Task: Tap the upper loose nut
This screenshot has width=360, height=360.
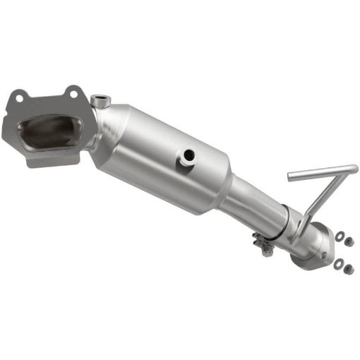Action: click(349, 241)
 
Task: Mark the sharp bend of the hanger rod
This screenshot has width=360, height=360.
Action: click(352, 169)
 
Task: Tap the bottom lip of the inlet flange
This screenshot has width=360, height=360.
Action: click(53, 160)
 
